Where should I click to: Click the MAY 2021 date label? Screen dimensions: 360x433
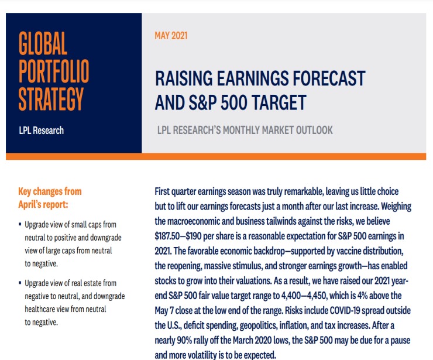point(171,36)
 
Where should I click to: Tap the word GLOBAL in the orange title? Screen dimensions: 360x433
point(43,44)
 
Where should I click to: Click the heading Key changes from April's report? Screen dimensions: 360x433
point(50,197)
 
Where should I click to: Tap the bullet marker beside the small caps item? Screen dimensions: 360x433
point(20,225)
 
